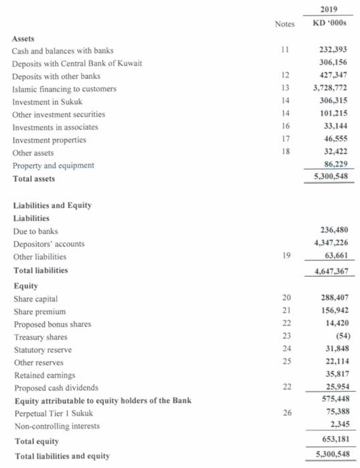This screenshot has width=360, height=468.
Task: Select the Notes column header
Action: (284, 25)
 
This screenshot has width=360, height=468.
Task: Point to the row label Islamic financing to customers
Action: (64, 89)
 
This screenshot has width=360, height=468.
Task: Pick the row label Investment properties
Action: (50, 140)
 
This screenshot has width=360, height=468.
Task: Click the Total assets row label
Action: (34, 179)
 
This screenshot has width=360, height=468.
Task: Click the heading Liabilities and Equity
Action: (52, 205)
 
